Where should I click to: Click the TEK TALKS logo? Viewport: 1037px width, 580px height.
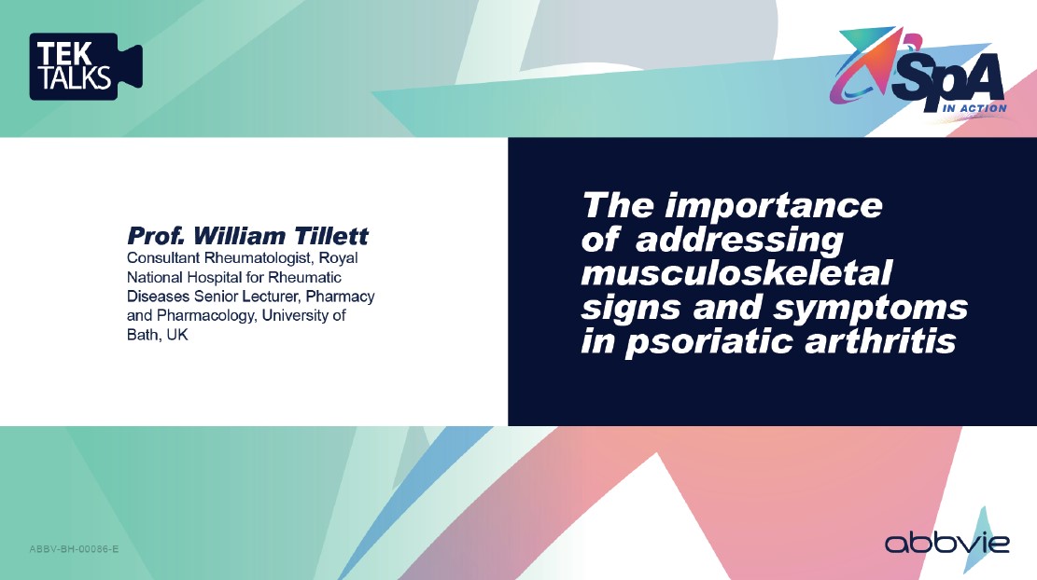[86, 67]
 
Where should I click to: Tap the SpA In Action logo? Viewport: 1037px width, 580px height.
[918, 73]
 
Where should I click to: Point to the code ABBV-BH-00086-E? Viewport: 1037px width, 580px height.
[74, 549]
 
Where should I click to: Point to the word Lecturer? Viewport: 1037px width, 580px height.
[270, 296]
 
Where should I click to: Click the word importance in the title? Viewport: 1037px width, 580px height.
[774, 206]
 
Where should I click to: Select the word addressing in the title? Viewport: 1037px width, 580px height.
[739, 241]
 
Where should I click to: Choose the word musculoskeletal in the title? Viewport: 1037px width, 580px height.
[736, 273]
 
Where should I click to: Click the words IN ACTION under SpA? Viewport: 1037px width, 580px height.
[974, 108]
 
